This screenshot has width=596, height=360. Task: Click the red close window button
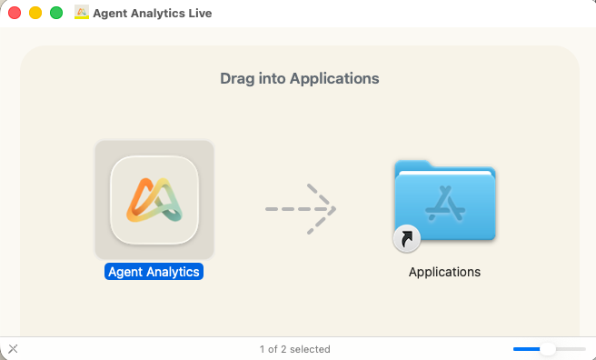point(15,14)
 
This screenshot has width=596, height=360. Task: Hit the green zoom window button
point(55,14)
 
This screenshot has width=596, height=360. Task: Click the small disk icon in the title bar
point(82,14)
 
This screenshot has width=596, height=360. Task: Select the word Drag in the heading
point(235,78)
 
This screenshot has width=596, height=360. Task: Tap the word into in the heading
point(271,78)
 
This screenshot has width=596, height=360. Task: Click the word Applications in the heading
point(334,78)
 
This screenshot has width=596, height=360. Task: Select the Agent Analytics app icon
point(154,199)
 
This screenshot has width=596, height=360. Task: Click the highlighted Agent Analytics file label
point(154,271)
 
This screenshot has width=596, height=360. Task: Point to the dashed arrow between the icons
point(301,209)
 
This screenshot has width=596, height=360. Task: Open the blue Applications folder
point(444,202)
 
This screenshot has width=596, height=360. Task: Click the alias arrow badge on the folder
point(405,239)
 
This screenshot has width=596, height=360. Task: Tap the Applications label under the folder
point(444,272)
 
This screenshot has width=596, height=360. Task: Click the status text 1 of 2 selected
point(294,349)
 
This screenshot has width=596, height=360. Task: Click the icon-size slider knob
point(548,349)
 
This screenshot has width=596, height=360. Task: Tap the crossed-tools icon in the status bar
point(13,349)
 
